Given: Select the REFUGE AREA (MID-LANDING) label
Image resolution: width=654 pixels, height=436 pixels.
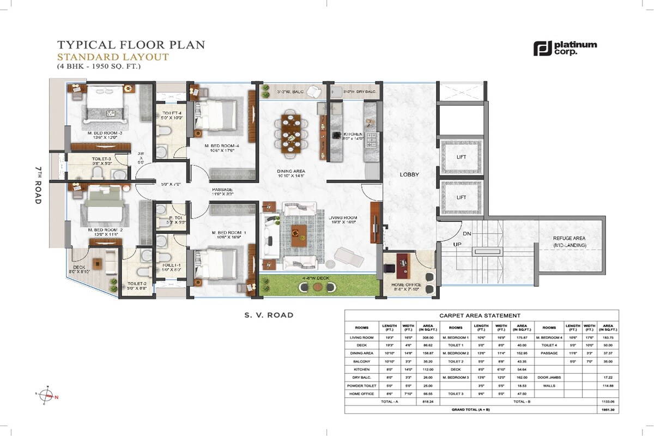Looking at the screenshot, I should click(570, 241).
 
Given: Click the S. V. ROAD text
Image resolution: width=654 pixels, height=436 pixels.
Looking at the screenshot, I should click(269, 315).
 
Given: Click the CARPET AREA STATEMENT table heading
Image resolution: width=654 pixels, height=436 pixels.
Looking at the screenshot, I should click(481, 316).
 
